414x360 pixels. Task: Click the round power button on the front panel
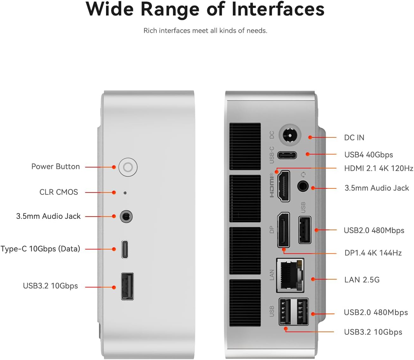click(x=128, y=167)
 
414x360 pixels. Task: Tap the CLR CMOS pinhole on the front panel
click(x=125, y=193)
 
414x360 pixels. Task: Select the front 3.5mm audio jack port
click(x=126, y=217)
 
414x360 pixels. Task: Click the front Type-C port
click(x=125, y=249)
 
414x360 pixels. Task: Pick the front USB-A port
click(x=127, y=286)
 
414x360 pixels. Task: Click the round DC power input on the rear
click(x=290, y=136)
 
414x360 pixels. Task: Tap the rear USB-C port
click(x=287, y=155)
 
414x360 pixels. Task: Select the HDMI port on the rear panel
click(x=284, y=186)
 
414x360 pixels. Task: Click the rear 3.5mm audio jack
click(x=303, y=186)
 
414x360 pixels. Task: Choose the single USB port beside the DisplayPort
click(x=304, y=230)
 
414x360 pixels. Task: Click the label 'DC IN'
click(x=354, y=138)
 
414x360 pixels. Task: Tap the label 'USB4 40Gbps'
click(x=368, y=155)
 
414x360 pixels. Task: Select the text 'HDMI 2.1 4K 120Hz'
click(x=379, y=168)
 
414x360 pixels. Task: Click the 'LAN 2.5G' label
click(x=362, y=280)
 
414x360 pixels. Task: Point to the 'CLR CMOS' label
click(x=59, y=192)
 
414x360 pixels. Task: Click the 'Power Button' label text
click(x=55, y=167)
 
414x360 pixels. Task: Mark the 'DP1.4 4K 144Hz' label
click(x=373, y=253)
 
